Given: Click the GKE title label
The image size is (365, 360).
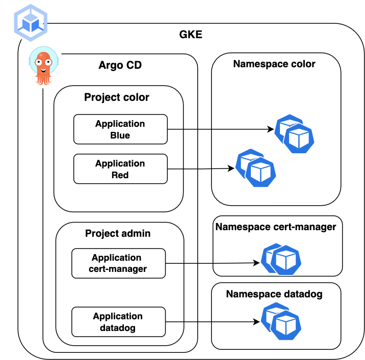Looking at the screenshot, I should pyautogui.click(x=191, y=35).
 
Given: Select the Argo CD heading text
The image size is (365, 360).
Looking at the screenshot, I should pyautogui.click(x=120, y=65).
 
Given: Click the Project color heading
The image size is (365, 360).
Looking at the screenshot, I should pyautogui.click(x=117, y=97).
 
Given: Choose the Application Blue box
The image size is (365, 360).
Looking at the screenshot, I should pyautogui.click(x=120, y=129).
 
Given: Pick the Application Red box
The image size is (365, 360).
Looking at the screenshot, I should pyautogui.click(x=120, y=169).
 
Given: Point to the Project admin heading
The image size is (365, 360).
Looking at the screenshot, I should pyautogui.click(x=118, y=233).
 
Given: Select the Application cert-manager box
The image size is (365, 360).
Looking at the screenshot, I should pyautogui.click(x=118, y=263).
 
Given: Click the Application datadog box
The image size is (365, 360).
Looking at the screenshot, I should pyautogui.click(x=118, y=322).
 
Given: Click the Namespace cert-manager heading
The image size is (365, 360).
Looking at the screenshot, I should pyautogui.click(x=276, y=227).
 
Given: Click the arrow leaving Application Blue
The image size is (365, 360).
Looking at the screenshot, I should pyautogui.click(x=219, y=129).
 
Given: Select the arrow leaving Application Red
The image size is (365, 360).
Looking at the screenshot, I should pyautogui.click(x=199, y=169).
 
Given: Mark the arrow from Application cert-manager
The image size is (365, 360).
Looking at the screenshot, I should pyautogui.click(x=212, y=263).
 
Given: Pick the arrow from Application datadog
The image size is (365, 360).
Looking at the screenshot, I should pyautogui.click(x=212, y=322).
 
